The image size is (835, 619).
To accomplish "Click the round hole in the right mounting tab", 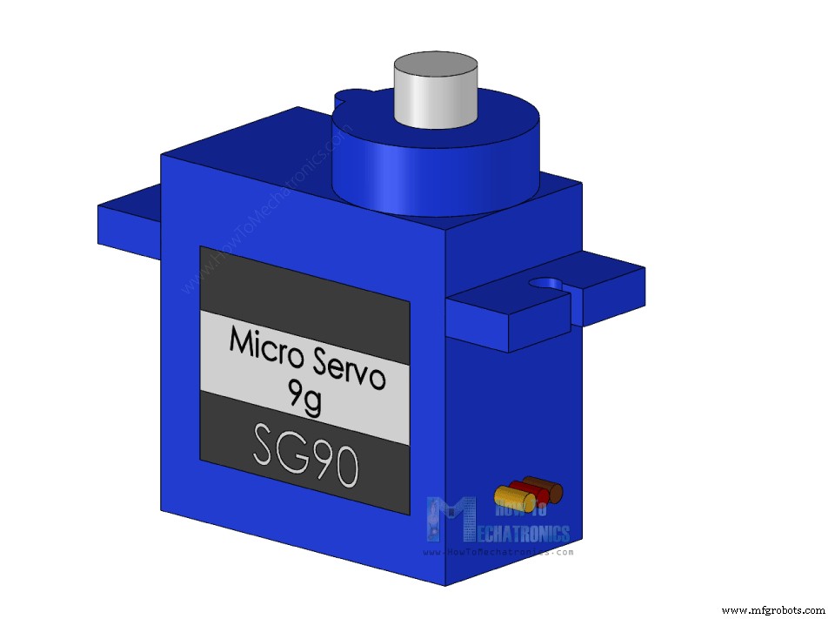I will click(547, 284).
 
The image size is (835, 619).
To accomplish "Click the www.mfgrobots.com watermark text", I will click(773, 609).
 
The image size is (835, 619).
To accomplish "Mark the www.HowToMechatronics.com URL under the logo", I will click(498, 552).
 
